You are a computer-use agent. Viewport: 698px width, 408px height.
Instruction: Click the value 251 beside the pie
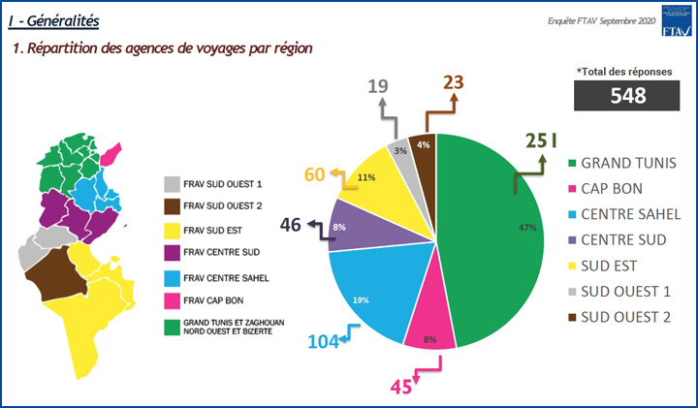click(541, 142)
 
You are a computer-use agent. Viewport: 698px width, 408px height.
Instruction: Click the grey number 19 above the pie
click(378, 87)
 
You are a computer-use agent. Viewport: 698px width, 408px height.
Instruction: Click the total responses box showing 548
click(628, 95)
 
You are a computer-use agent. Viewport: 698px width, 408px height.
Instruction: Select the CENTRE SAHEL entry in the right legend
click(631, 212)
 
